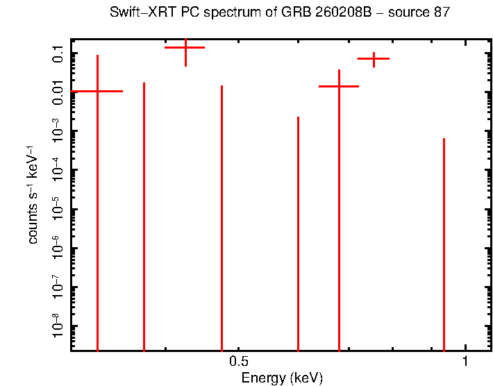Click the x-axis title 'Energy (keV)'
point(281,378)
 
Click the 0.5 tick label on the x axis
point(238,362)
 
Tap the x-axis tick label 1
point(465,362)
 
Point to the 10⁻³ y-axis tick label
point(57,131)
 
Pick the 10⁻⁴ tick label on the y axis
point(57,170)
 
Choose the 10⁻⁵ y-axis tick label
point(57,209)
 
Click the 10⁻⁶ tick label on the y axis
point(57,248)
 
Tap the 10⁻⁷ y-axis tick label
point(57,287)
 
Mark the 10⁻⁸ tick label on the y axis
point(57,326)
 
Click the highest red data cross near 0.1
point(185,47)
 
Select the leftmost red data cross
point(97,91)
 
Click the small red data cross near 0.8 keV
point(374,58)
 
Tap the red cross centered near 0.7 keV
point(339,86)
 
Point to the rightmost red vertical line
point(444,243)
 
